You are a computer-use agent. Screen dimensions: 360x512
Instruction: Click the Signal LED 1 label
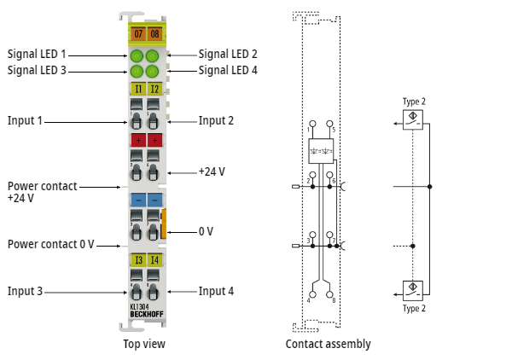point(37,54)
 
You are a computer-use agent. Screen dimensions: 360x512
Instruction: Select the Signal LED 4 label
point(228,70)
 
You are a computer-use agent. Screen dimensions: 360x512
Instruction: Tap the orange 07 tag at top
point(137,34)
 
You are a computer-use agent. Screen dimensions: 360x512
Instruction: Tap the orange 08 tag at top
point(154,34)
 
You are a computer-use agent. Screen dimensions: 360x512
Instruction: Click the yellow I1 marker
point(137,89)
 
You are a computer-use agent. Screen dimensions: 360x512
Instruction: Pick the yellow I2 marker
point(154,89)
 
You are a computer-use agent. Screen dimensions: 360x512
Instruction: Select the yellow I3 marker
point(137,259)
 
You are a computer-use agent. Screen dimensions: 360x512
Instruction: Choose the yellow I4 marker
point(154,259)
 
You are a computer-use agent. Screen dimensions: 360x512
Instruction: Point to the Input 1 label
point(25,120)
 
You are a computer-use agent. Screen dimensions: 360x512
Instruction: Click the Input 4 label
point(216,291)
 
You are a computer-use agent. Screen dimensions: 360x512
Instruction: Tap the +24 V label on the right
point(212,171)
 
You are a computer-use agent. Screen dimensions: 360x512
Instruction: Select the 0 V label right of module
point(206,231)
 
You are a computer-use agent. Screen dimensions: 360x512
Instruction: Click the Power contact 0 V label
point(50,244)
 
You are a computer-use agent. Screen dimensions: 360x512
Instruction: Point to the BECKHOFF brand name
point(146,315)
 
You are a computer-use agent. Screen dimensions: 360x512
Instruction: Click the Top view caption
point(144,344)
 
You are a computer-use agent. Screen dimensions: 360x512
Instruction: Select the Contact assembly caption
point(329,344)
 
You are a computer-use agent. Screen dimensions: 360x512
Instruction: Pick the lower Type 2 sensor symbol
point(414,288)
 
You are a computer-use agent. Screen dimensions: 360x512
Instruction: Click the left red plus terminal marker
point(137,140)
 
